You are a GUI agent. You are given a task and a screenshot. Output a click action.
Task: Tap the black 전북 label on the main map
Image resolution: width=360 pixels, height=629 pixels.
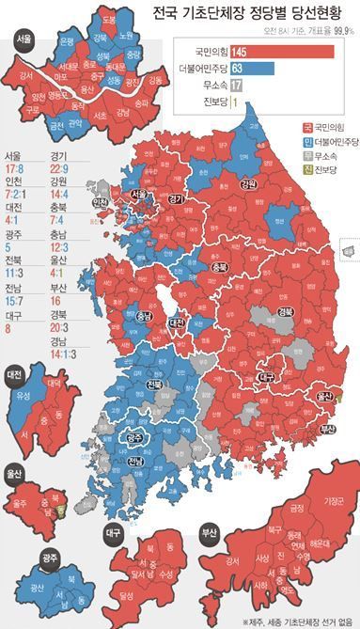[154, 385]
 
